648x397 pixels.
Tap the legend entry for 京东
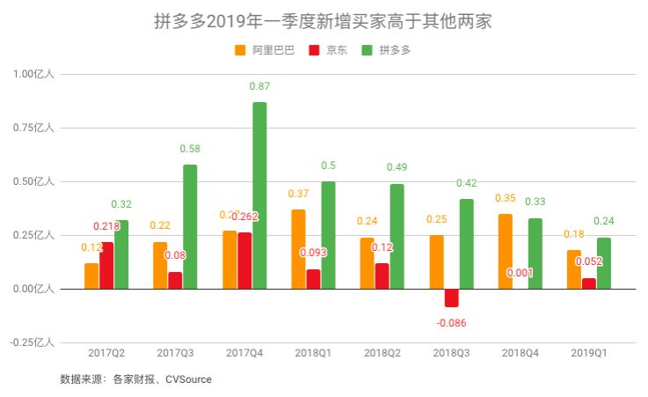click(336, 50)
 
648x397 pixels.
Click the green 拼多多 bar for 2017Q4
click(259, 195)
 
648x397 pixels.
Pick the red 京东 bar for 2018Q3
click(451, 298)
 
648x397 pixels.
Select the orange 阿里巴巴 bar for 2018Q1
click(298, 249)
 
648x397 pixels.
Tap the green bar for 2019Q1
click(603, 262)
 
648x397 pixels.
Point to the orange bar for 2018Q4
click(506, 251)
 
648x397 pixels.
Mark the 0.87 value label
click(259, 86)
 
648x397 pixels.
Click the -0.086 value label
click(451, 323)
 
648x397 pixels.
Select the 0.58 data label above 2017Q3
click(190, 149)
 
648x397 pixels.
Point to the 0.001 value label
click(521, 273)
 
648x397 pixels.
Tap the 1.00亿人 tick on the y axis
click(33, 75)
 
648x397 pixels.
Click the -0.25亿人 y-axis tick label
click(32, 342)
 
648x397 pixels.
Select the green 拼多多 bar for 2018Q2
click(397, 236)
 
